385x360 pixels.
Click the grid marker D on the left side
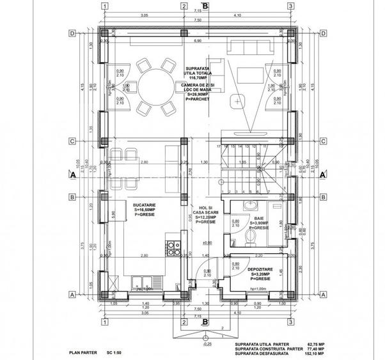point(74,33)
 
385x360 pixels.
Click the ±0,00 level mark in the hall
point(207,243)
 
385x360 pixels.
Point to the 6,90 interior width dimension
point(198,40)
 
